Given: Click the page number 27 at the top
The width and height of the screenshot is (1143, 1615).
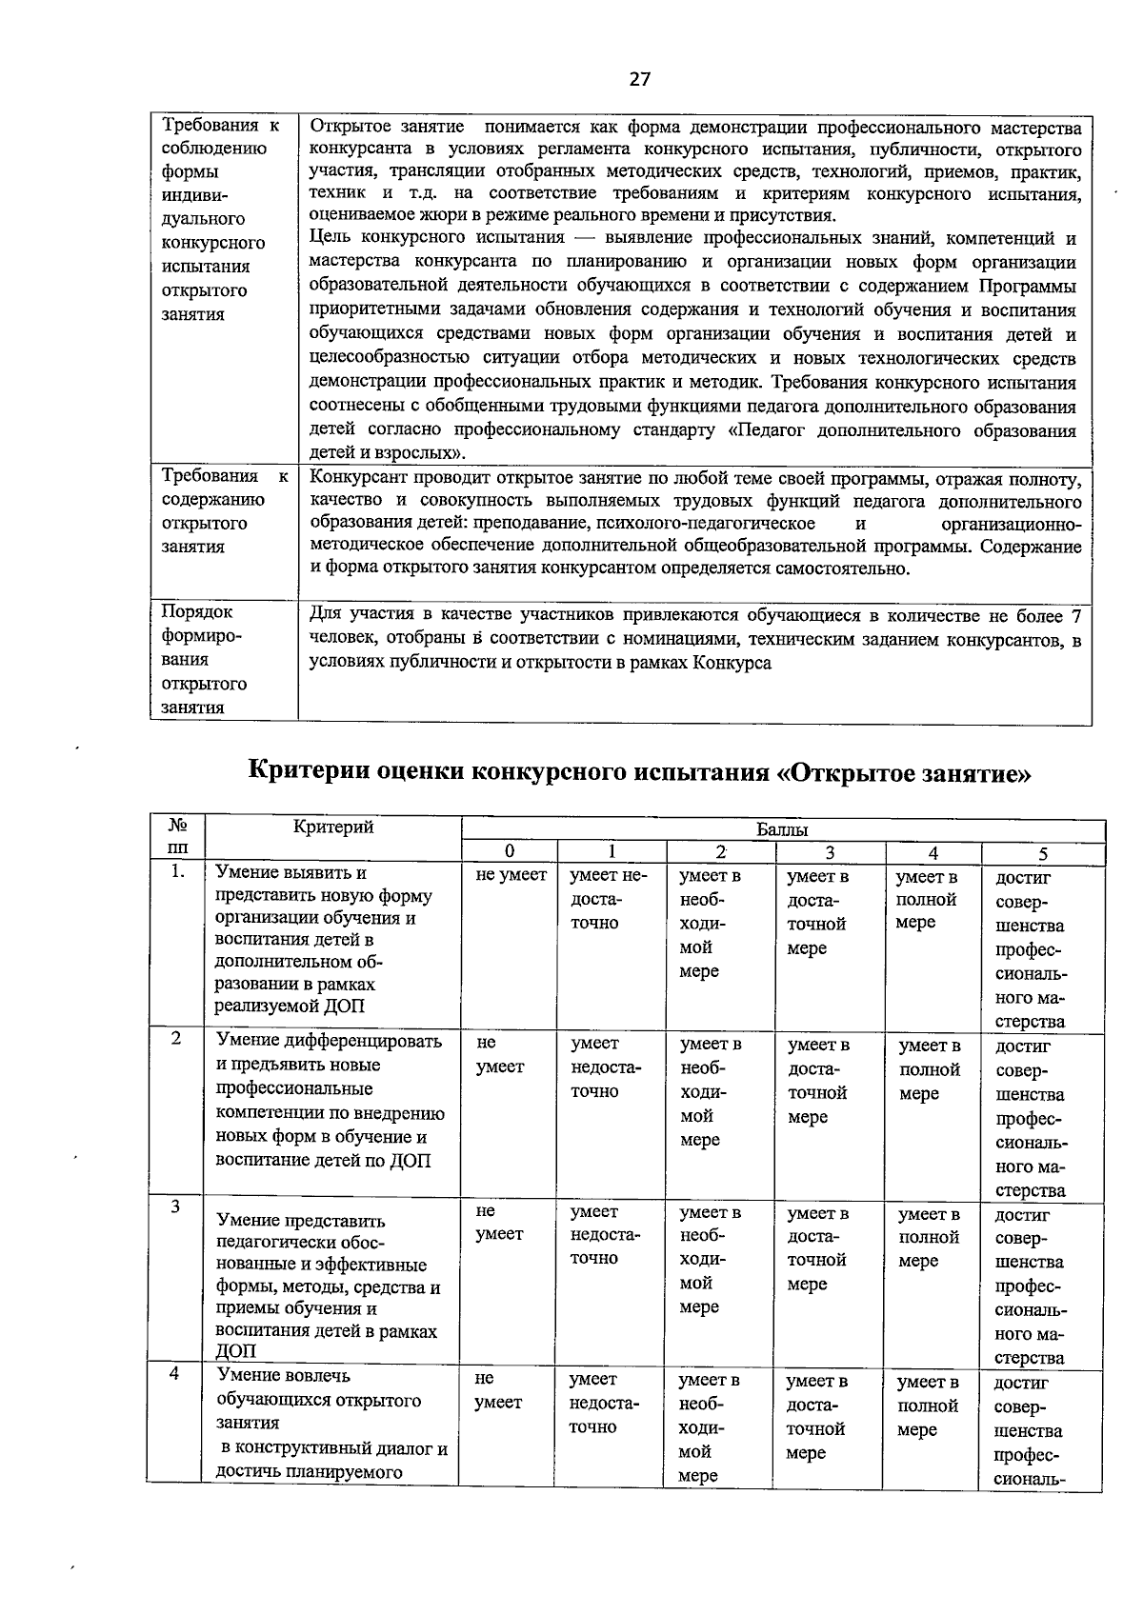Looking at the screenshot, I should (640, 79).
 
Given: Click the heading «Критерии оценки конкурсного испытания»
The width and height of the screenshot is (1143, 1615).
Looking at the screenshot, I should (639, 770).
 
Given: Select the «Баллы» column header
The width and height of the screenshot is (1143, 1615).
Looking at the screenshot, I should (782, 829).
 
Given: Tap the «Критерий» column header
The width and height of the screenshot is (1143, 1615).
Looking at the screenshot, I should (332, 827).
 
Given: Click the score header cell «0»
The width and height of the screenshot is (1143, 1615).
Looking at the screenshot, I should (510, 852).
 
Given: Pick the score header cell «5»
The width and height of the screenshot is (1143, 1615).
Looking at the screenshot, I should (1043, 854).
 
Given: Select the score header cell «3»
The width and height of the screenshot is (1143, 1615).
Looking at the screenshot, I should (830, 853).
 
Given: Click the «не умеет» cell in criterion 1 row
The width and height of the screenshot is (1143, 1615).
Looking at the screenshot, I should (511, 875).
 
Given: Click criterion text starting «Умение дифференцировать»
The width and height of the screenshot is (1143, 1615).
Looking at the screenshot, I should (330, 1100).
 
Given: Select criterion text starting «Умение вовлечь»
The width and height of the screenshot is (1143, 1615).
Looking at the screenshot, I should (330, 1423).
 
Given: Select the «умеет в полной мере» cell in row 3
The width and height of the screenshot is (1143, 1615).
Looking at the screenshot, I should (929, 1237).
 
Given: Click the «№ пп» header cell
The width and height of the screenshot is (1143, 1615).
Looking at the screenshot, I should (177, 837).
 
